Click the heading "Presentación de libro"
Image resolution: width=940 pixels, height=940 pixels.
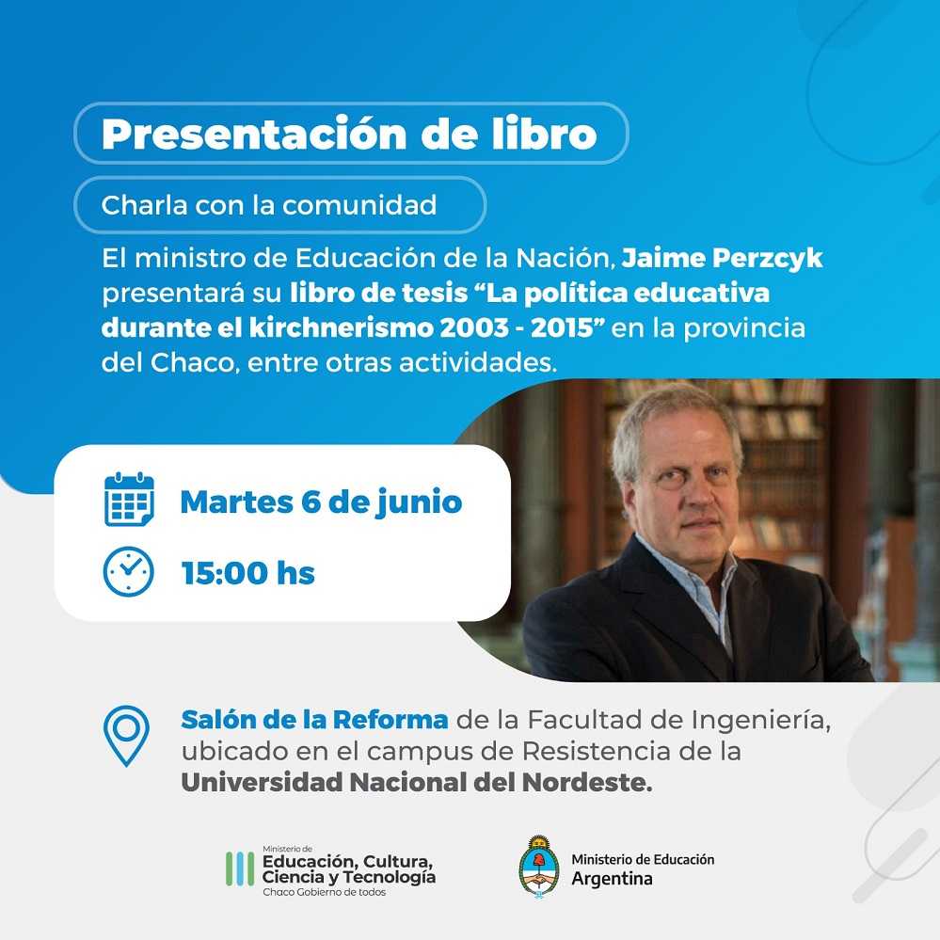[349, 133]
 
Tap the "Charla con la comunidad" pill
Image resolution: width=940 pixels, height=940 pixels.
[280, 205]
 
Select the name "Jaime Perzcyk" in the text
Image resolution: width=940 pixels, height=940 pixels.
[722, 259]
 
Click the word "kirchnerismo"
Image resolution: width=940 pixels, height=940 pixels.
[342, 328]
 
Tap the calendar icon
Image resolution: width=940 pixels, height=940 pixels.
[129, 500]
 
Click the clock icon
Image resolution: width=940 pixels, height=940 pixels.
[128, 571]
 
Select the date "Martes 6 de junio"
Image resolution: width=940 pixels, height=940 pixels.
[321, 502]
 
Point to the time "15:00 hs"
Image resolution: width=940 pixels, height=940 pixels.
[248, 573]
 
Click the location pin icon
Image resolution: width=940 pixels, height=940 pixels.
[126, 736]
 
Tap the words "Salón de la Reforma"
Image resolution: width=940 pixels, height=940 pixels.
[314, 720]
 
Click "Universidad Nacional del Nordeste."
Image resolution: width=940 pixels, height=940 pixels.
[417, 782]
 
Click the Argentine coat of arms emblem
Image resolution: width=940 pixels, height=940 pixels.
[539, 867]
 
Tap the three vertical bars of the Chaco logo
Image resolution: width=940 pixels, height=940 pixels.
[240, 868]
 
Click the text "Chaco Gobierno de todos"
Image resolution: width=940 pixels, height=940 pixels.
[325, 892]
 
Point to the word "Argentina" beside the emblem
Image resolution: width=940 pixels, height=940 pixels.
[612, 879]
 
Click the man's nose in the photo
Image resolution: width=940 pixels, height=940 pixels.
[693, 498]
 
